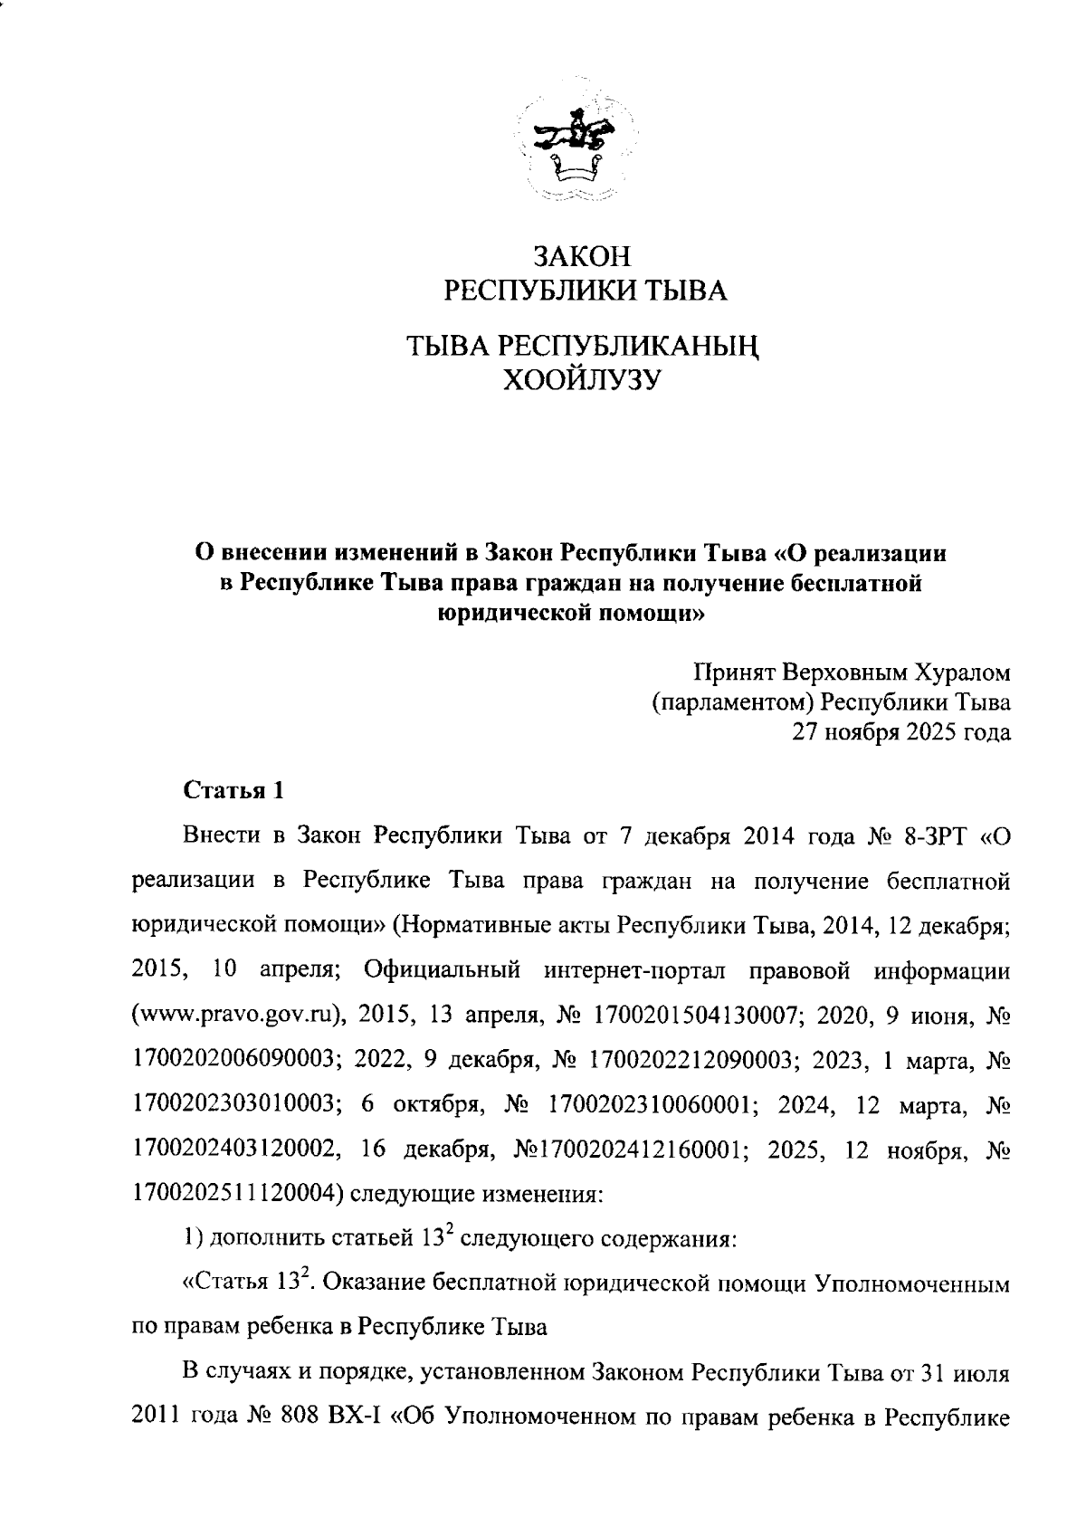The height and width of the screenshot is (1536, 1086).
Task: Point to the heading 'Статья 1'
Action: [x=234, y=790]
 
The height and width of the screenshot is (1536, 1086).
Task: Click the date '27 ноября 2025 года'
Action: [x=901, y=732]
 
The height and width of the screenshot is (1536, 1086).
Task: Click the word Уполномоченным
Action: [x=912, y=1283]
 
